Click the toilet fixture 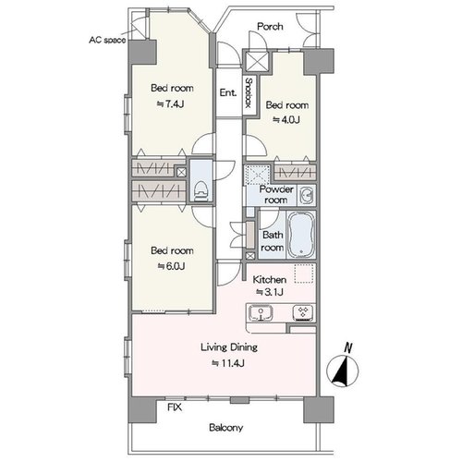pyautogui.click(x=201, y=191)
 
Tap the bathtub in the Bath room pyautogui.click(x=302, y=235)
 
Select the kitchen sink pyautogui.click(x=261, y=313)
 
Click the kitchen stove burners pyautogui.click(x=304, y=313)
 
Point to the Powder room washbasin pyautogui.click(x=307, y=196)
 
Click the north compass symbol pyautogui.click(x=343, y=371)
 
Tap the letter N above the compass pyautogui.click(x=348, y=347)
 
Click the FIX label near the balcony pyautogui.click(x=175, y=407)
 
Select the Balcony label pyautogui.click(x=226, y=428)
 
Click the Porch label pyautogui.click(x=270, y=27)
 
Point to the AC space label pyautogui.click(x=107, y=40)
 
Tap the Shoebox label pyautogui.click(x=249, y=92)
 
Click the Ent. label pyautogui.click(x=228, y=92)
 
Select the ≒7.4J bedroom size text pyautogui.click(x=170, y=104)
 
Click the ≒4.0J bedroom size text pyautogui.click(x=286, y=120)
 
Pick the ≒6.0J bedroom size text pyautogui.click(x=171, y=266)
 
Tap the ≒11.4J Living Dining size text pyautogui.click(x=228, y=363)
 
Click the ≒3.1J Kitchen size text pyautogui.click(x=270, y=292)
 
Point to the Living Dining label pyautogui.click(x=229, y=347)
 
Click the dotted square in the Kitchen pyautogui.click(x=304, y=274)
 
